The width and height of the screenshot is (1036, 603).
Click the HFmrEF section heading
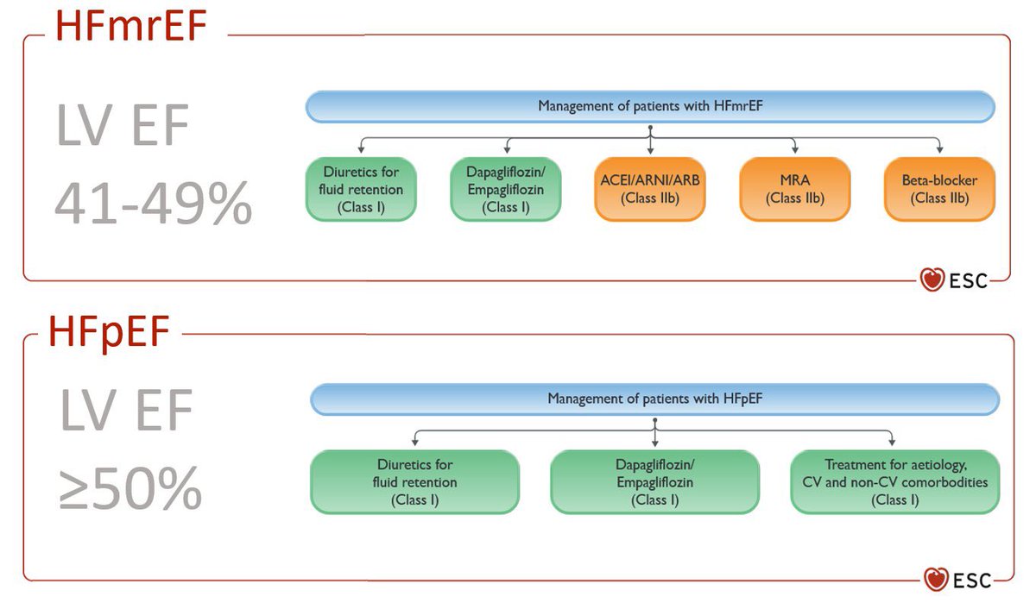tap(131, 26)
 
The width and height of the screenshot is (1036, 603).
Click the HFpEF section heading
tap(110, 332)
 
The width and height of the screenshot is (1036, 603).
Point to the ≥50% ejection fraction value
tap(130, 490)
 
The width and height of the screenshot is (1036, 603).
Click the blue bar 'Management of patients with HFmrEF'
tap(650, 106)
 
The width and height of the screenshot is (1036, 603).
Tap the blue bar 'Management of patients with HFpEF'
tap(654, 399)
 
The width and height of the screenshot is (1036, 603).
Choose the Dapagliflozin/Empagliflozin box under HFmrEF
tap(505, 187)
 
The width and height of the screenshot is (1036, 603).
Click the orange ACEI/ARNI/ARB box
tap(650, 187)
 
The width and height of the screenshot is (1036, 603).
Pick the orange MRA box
tap(794, 187)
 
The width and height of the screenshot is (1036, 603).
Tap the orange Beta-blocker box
tap(939, 187)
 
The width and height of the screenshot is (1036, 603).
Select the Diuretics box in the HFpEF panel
tap(414, 482)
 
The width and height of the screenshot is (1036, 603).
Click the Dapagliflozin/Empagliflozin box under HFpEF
tap(654, 482)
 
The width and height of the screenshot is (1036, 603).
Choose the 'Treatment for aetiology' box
tap(894, 482)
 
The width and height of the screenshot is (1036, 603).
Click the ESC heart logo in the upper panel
tap(932, 279)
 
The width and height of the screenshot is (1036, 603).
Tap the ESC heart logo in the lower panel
tap(936, 578)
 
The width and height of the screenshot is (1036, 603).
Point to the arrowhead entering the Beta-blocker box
tap(939, 151)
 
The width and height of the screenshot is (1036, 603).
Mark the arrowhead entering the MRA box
tap(794, 151)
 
